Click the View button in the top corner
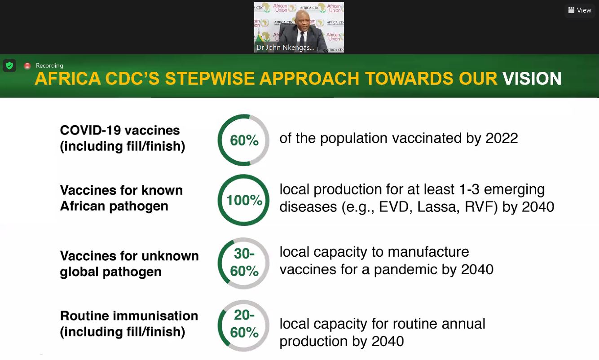580,10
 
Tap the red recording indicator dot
27,66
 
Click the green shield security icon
9,66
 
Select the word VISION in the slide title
532,79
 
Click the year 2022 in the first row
502,138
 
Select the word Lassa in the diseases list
438,207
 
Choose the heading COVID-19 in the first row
90,131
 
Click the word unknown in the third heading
170,256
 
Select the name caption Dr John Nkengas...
285,48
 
